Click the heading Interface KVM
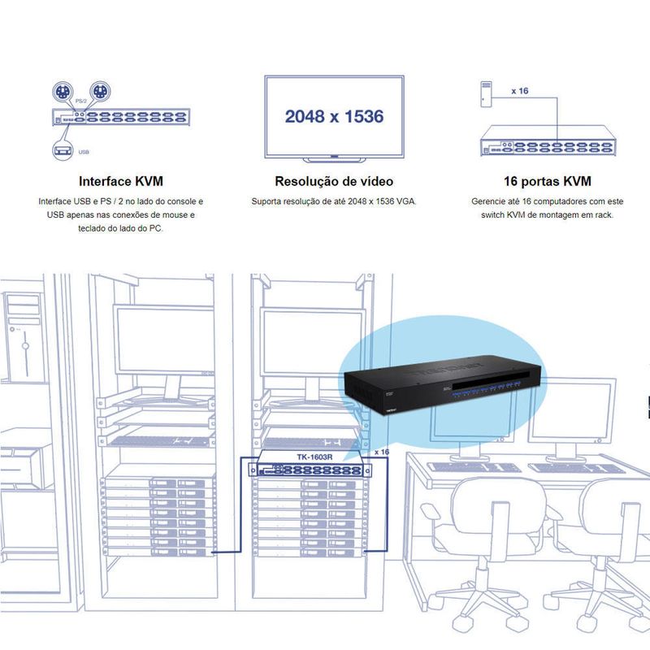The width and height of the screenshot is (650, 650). click(120, 181)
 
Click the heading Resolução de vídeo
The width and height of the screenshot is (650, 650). click(334, 181)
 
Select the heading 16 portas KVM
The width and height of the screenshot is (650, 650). click(547, 181)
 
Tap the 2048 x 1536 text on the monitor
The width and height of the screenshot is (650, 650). click(334, 116)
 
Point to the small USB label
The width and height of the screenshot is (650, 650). click(84, 152)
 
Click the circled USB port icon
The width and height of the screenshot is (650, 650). click(63, 150)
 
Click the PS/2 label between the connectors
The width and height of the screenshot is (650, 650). click(81, 101)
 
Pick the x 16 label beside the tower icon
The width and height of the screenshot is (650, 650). click(520, 91)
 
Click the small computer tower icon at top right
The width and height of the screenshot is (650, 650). click(486, 94)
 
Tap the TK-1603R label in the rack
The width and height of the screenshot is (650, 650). click(314, 457)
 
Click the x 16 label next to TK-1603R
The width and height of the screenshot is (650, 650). click(381, 452)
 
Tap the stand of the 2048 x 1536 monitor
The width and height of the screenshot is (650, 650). click(334, 159)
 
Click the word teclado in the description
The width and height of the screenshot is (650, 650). click(92, 228)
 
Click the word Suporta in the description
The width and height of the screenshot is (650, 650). click(266, 201)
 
